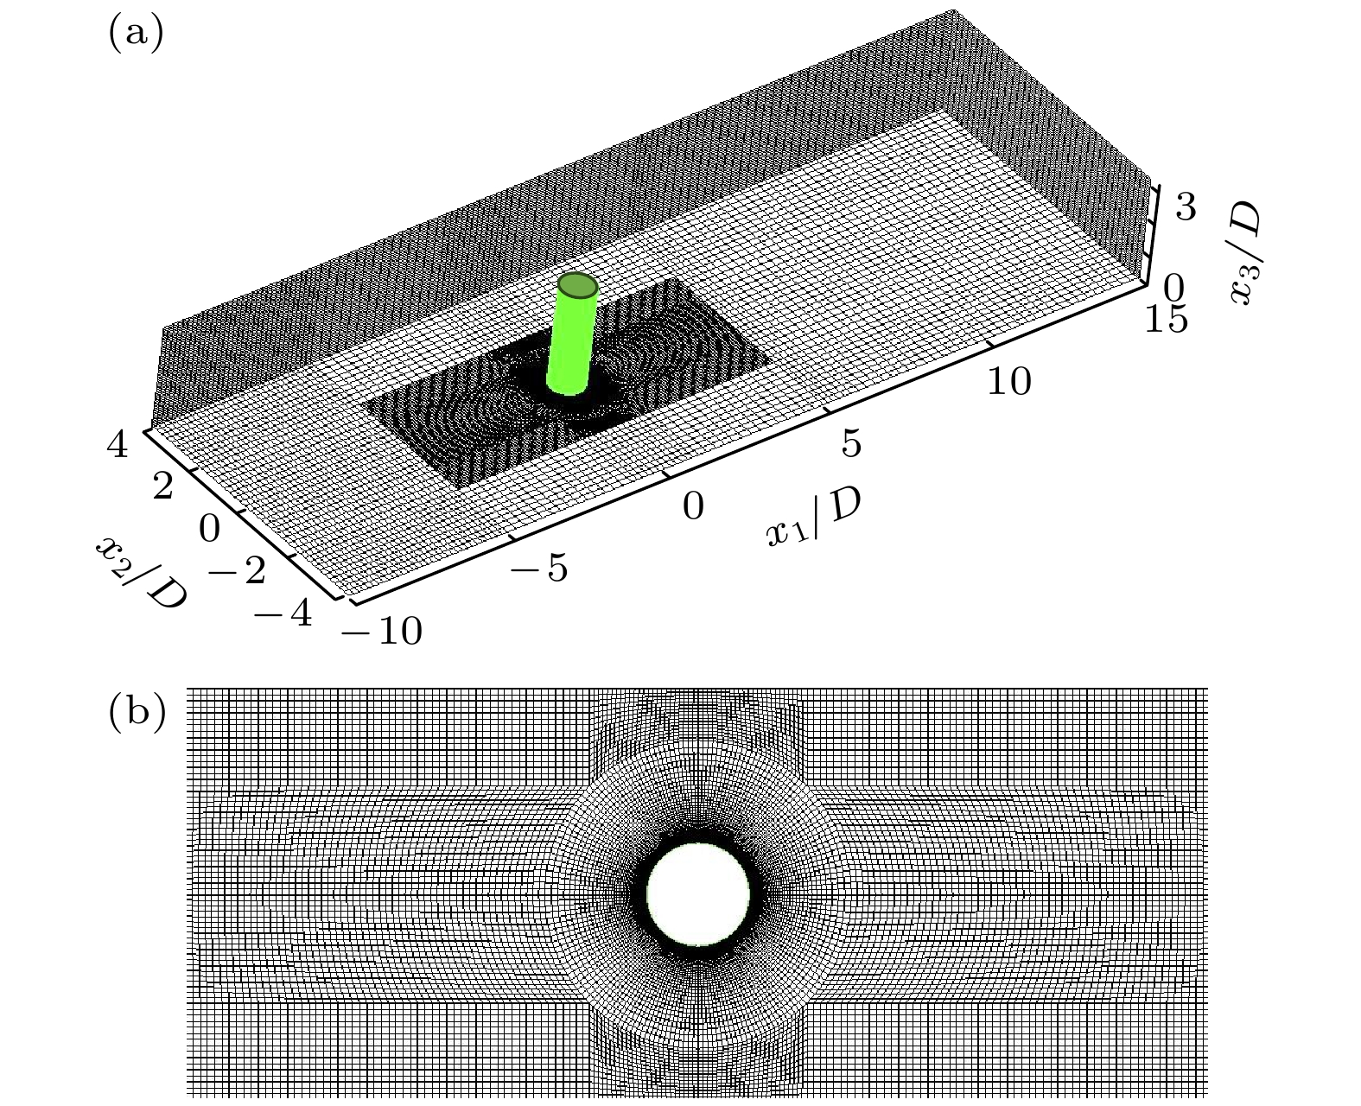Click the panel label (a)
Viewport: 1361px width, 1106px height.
coord(137,33)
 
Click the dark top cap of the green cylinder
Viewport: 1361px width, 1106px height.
coord(577,285)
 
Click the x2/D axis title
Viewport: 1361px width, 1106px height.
coord(142,570)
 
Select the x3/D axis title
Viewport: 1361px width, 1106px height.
coord(1245,253)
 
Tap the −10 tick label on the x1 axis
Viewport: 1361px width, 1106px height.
coord(381,631)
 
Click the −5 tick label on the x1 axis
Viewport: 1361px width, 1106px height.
coord(538,567)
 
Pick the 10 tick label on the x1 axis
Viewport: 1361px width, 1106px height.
coord(1009,381)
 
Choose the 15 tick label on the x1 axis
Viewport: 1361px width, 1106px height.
coord(1166,318)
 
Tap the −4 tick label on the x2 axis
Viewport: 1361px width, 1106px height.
coord(283,613)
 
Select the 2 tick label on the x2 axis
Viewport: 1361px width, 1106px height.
coord(162,486)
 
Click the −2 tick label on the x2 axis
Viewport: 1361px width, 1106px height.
coord(237,570)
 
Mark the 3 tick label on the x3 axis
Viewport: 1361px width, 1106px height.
coord(1186,207)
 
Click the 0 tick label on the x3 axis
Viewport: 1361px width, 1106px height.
coord(1173,288)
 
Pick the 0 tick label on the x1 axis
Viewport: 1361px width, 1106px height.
coord(693,506)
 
